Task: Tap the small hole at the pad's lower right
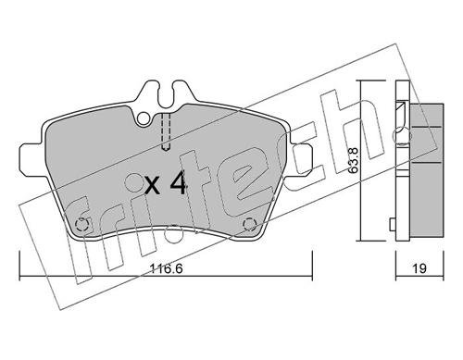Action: tap(249, 222)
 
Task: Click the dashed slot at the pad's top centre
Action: tap(165, 130)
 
